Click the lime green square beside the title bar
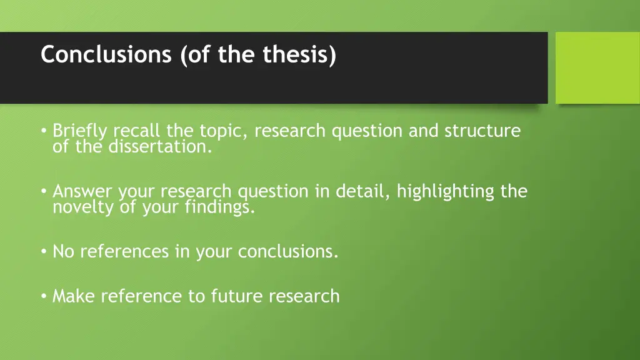(597, 67)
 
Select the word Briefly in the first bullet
(79, 131)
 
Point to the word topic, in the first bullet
(224, 131)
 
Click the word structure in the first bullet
(482, 131)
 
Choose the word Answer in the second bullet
(83, 191)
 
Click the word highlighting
(446, 191)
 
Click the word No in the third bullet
(64, 251)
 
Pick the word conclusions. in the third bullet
(288, 251)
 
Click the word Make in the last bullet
(74, 296)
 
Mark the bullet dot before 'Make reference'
(44, 296)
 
